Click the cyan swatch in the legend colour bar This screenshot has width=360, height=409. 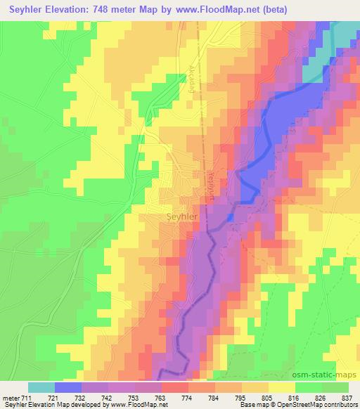tap(41, 387)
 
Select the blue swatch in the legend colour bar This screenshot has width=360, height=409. tap(68, 387)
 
